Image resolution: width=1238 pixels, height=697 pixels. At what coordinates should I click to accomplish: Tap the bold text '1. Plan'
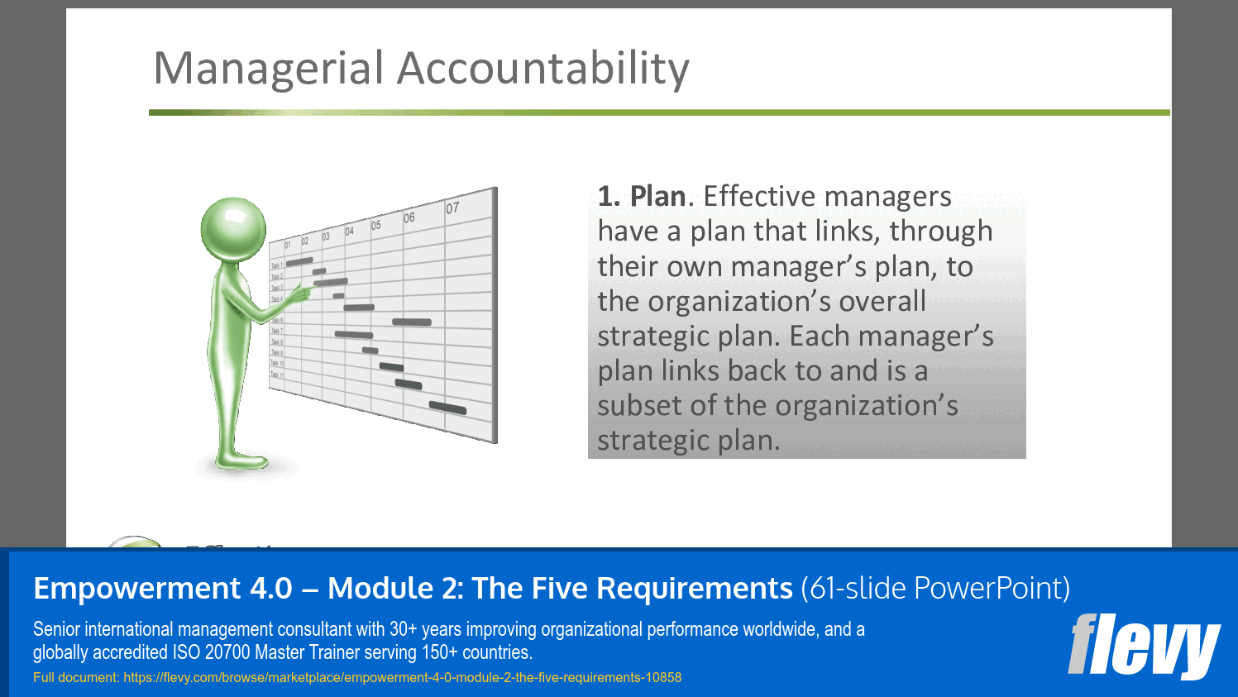tap(642, 197)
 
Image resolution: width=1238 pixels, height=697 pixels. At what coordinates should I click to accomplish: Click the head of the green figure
tap(233, 230)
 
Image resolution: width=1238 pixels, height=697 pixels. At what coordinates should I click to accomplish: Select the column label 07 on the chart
tap(452, 208)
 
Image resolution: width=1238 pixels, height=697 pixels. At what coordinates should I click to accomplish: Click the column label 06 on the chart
tap(409, 217)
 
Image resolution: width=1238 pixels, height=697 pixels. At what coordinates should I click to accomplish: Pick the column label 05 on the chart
tap(376, 225)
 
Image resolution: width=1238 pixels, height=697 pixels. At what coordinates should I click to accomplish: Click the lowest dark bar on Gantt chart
tap(447, 408)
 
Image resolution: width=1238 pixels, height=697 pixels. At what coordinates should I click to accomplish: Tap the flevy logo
tap(1144, 646)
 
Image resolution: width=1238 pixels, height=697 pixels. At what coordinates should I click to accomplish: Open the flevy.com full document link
tap(402, 678)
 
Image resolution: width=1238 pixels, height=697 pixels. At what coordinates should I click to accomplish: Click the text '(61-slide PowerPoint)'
tap(935, 589)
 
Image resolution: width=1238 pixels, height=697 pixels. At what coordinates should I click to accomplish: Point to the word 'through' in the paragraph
tap(940, 232)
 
